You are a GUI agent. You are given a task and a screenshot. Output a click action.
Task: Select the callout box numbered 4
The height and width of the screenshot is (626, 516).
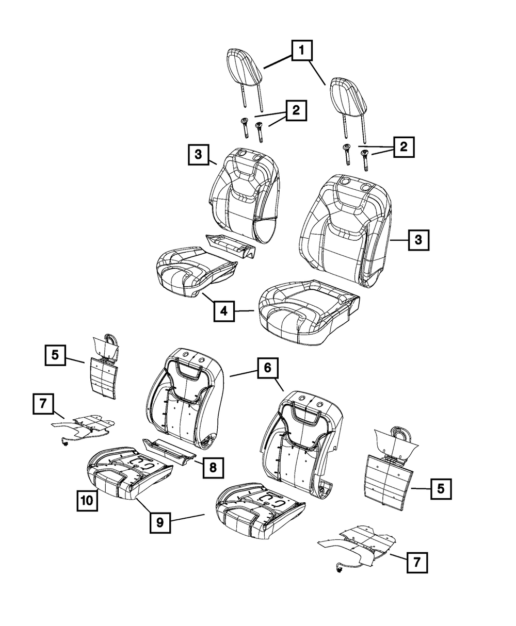click(x=223, y=311)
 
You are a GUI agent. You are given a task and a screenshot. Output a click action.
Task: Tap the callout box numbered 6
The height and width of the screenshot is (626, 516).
click(x=267, y=369)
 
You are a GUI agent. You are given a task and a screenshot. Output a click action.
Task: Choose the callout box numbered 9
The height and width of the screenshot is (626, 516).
click(x=160, y=522)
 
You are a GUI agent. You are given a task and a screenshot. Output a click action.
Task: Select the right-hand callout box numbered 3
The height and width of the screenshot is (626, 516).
click(x=418, y=240)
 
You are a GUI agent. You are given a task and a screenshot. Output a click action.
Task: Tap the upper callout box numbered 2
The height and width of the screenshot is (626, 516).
click(x=296, y=110)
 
